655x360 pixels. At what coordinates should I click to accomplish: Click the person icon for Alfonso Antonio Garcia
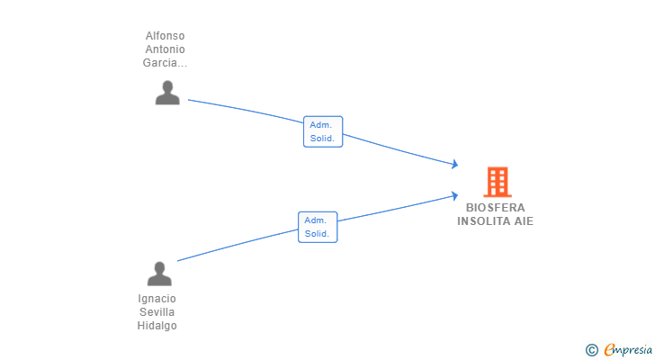tap(167, 93)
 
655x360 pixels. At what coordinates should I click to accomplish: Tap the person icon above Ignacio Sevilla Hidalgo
tap(159, 274)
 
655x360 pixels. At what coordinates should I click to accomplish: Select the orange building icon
tap(497, 183)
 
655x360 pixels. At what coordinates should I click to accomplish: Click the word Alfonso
tap(165, 36)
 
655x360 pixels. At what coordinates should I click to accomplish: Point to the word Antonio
tap(165, 49)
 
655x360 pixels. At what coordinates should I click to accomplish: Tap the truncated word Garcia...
tap(165, 63)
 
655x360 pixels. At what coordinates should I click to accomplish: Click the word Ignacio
tap(157, 299)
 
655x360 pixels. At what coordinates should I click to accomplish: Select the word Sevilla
tap(157, 312)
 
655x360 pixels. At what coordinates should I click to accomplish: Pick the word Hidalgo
tap(157, 326)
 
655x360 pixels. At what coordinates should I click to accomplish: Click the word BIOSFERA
tap(496, 208)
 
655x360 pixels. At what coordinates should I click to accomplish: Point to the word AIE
tap(524, 221)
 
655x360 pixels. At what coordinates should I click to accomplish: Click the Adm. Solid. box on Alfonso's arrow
tap(323, 131)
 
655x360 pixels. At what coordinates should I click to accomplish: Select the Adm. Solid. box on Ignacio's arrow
tap(318, 227)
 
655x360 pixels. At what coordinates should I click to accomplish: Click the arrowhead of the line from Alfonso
tap(455, 164)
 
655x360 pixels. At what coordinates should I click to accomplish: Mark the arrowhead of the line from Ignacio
tap(455, 195)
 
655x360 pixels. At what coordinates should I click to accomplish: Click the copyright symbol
tap(591, 350)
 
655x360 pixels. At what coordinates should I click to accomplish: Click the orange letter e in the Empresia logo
tap(609, 350)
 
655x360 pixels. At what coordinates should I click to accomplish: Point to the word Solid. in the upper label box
tap(323, 139)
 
